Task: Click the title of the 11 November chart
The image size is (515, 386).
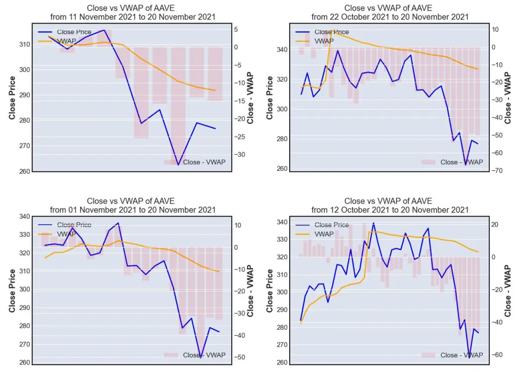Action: pyautogui.click(x=133, y=13)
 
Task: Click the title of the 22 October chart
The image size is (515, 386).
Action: pyautogui.click(x=390, y=13)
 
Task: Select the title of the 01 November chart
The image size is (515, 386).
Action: pyautogui.click(x=133, y=206)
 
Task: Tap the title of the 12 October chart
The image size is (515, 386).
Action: pyautogui.click(x=390, y=206)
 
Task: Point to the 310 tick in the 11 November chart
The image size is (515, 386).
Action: pyautogui.click(x=25, y=44)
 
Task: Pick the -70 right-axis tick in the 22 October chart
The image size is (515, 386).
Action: pyautogui.click(x=496, y=171)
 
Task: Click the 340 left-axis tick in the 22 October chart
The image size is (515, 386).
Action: pyautogui.click(x=282, y=50)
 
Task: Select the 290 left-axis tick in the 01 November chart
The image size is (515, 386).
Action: pyautogui.click(x=25, y=308)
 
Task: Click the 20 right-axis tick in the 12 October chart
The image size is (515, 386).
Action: pyautogui.click(x=495, y=225)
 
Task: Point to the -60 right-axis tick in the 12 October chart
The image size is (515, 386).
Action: pyautogui.click(x=496, y=354)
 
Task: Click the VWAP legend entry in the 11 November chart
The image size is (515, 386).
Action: pyautogui.click(x=57, y=41)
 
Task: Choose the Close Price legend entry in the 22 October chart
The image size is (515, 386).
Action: pyautogui.click(x=322, y=32)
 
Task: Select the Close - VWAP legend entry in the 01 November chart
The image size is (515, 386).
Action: pyautogui.click(x=195, y=355)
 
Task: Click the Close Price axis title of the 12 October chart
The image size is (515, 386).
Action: pyautogui.click(x=270, y=291)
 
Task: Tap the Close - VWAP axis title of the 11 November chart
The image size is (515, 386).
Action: pyautogui.click(x=250, y=98)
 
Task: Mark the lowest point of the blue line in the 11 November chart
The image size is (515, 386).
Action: pyautogui.click(x=179, y=165)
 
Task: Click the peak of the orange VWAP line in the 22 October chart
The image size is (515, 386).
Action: pyautogui.click(x=332, y=30)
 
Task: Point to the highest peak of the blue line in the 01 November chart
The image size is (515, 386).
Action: pyautogui.click(x=118, y=223)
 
